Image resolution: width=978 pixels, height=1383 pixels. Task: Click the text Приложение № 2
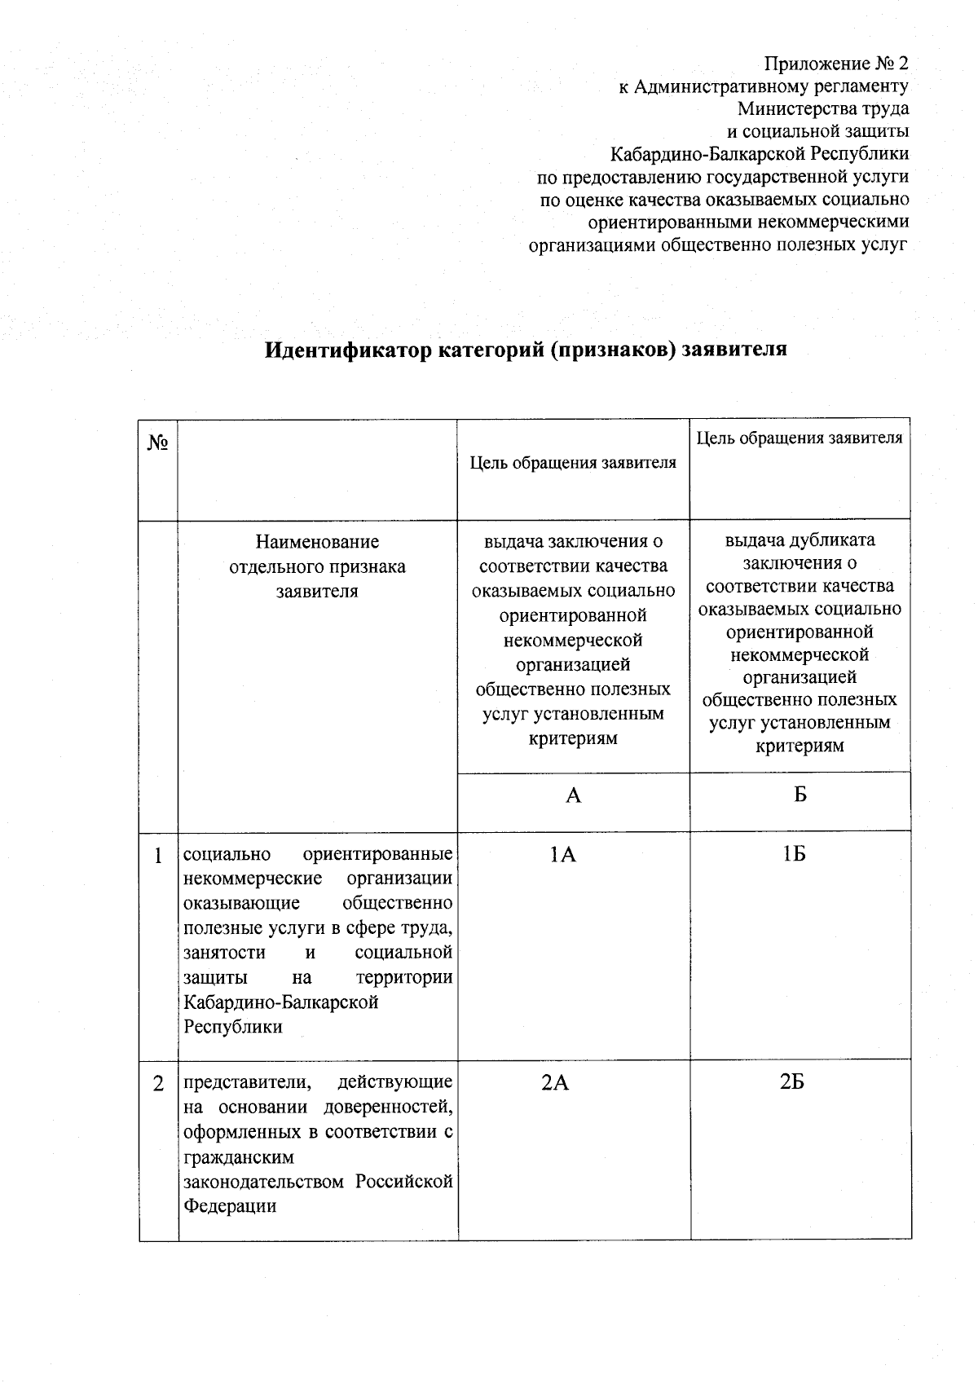coord(835,64)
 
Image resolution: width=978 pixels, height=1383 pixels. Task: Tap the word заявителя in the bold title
coord(734,350)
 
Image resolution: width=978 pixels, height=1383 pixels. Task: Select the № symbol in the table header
coord(158,443)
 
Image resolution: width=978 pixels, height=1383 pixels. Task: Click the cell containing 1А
coord(562,854)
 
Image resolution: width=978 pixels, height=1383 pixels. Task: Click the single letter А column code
coord(574,795)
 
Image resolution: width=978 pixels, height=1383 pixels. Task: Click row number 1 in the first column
coord(159,856)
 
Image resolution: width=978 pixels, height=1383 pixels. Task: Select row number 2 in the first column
coord(159,1085)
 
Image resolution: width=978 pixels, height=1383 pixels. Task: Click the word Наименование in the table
coord(317,542)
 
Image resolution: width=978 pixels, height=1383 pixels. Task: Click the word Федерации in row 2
coord(230,1206)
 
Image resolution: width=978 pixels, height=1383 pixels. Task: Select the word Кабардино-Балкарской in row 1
coord(281,1002)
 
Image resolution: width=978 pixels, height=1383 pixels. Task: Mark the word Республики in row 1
coord(233,1027)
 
